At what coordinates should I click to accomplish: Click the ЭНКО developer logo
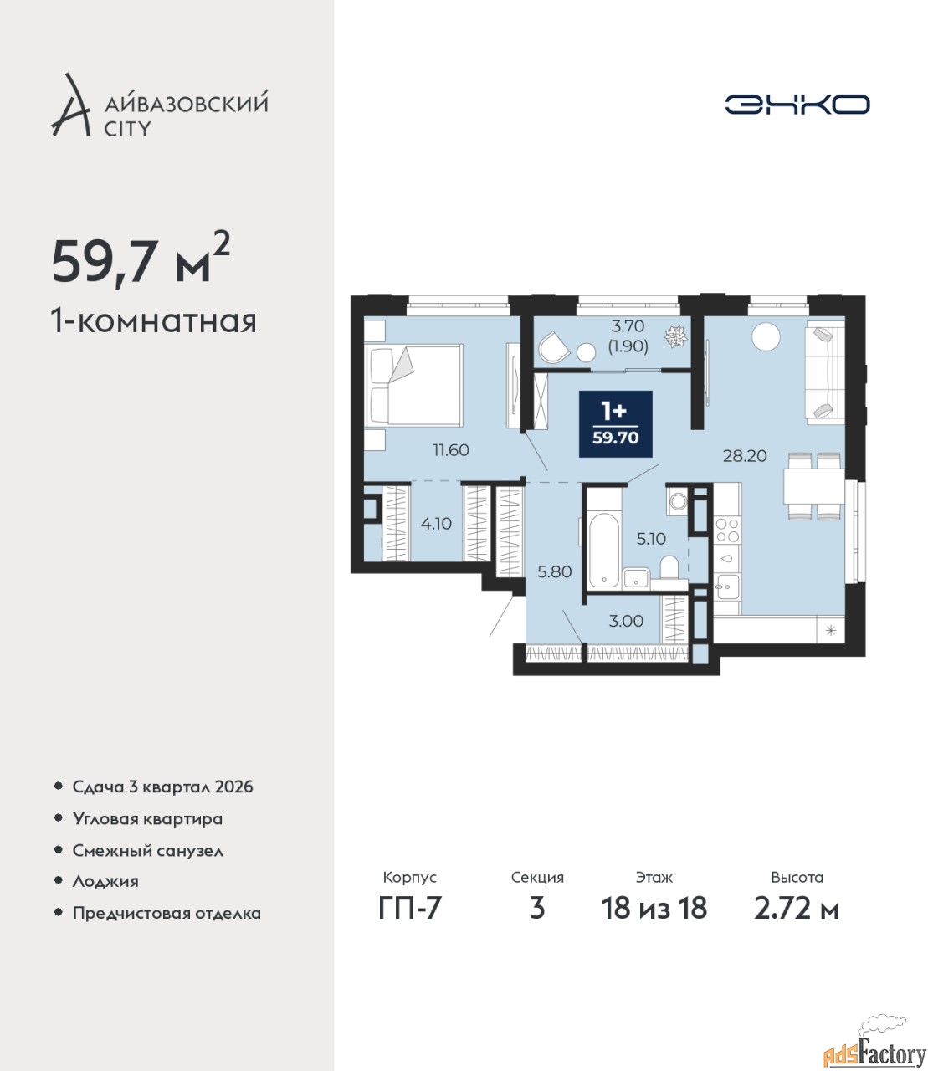click(797, 104)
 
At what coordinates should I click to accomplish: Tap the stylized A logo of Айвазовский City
click(69, 105)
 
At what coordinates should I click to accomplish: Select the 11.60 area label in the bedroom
click(451, 450)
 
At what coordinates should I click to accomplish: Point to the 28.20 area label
click(745, 456)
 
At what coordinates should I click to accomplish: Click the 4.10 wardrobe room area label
click(436, 523)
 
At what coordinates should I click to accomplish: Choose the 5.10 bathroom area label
click(651, 539)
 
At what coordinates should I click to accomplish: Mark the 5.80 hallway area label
click(555, 572)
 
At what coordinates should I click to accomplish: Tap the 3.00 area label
click(626, 621)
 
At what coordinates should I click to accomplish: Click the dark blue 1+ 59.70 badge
click(616, 424)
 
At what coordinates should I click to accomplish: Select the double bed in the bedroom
click(413, 386)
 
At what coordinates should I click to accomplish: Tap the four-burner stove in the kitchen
click(727, 530)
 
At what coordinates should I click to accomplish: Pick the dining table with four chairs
click(814, 485)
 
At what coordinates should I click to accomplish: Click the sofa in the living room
click(825, 372)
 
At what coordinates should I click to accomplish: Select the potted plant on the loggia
click(676, 336)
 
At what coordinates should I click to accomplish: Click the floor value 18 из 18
click(654, 909)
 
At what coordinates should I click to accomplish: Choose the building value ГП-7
click(409, 909)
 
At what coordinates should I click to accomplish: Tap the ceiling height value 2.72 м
click(797, 909)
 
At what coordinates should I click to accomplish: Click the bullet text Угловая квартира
click(147, 818)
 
